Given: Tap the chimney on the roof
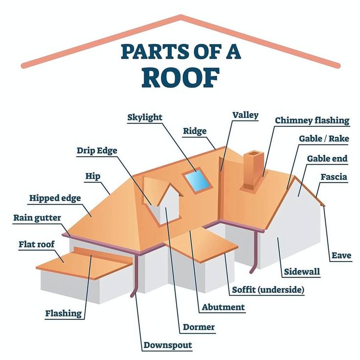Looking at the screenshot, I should (x=254, y=169).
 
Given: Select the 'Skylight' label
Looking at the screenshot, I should (x=145, y=117).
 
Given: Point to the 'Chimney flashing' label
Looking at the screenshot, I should (x=312, y=120).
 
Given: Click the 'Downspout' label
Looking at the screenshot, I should (x=168, y=345).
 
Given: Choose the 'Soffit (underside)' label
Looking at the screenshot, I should (x=268, y=289).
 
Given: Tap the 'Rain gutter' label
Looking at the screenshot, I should (x=38, y=217).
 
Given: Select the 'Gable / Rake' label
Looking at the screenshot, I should (x=324, y=139).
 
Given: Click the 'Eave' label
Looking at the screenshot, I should (x=341, y=255).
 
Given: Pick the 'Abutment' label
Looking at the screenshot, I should (x=223, y=308).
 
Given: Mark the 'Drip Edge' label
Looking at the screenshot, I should (x=97, y=150).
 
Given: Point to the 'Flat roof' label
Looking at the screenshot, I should (x=37, y=244).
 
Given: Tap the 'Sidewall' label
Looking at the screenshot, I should (x=302, y=272).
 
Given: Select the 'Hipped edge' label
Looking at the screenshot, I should (x=55, y=198).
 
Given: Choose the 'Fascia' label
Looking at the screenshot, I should (x=334, y=177).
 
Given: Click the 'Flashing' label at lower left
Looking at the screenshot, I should (x=63, y=313).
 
